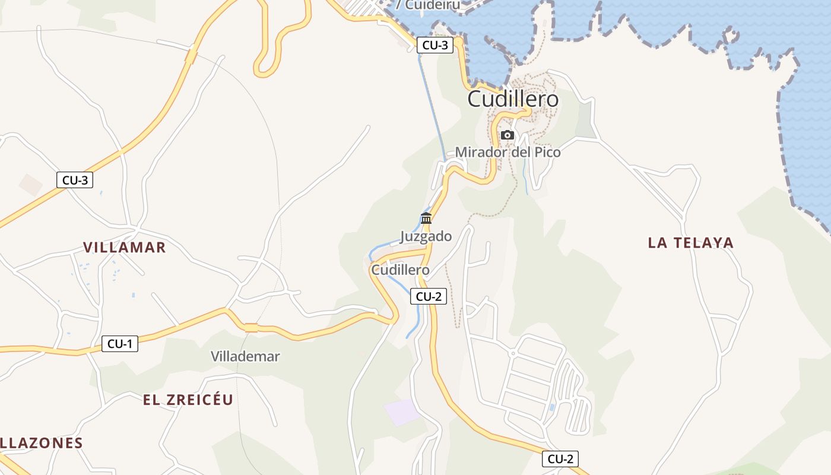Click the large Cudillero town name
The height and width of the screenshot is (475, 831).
[x=513, y=99]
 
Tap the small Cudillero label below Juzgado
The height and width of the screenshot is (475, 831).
[x=400, y=270]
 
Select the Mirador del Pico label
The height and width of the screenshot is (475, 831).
[x=508, y=153]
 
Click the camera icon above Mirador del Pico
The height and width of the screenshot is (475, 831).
[x=507, y=135]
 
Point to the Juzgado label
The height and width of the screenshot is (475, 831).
[x=426, y=236]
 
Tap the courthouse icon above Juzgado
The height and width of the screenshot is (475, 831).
[x=426, y=218]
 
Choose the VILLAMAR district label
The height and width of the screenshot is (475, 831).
[x=124, y=248]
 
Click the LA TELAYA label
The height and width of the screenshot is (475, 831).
[x=690, y=242]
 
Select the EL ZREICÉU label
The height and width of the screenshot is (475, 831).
[x=188, y=400]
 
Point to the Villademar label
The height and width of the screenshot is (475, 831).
[x=245, y=356]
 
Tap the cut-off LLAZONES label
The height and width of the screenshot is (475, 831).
[x=41, y=443]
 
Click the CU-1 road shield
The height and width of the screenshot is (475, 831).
[x=120, y=343]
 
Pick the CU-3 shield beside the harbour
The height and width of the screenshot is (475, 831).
[x=435, y=45]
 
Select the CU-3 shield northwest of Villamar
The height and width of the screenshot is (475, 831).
[x=75, y=180]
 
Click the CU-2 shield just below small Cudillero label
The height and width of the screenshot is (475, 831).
[x=429, y=296]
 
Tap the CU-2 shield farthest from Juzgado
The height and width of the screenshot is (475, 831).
[x=560, y=458]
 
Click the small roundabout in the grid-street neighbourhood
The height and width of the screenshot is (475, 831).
[x=513, y=354]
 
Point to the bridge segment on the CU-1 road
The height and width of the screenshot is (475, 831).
[x=251, y=327]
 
